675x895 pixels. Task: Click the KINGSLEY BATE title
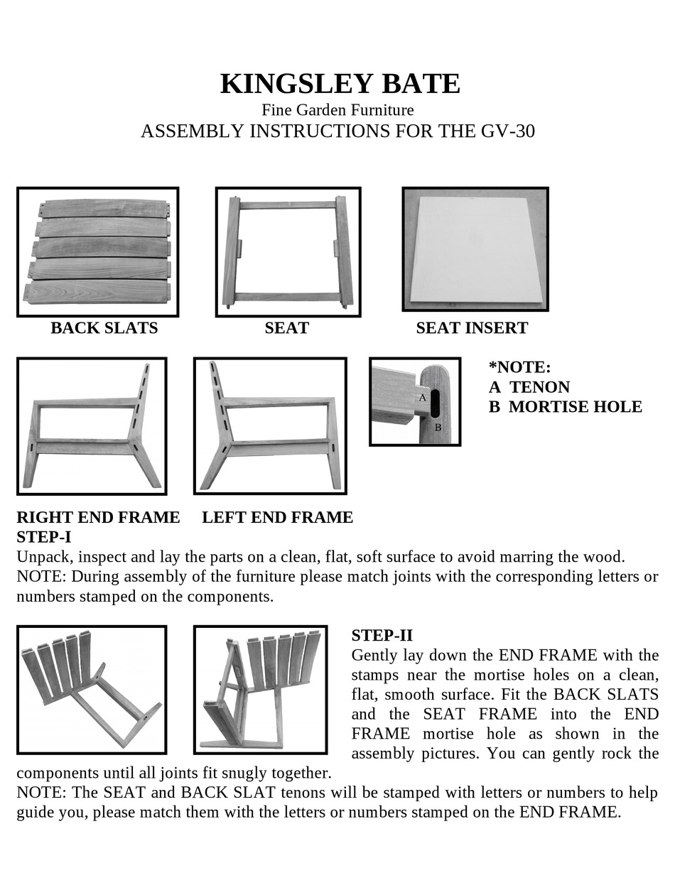[340, 84]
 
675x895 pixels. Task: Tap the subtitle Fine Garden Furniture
[337, 110]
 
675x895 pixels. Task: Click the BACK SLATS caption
[104, 328]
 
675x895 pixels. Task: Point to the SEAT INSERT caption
[471, 328]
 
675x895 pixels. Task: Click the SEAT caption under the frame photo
[286, 328]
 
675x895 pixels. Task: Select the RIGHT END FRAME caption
[98, 517]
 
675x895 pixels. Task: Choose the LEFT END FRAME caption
[277, 517]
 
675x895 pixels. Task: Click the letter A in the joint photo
[422, 398]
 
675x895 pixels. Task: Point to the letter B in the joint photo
[438, 428]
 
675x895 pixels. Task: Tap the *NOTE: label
[519, 367]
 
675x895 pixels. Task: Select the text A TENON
[529, 387]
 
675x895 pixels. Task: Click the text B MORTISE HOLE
[565, 407]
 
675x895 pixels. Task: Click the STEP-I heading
[43, 537]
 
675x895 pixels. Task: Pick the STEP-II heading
[382, 635]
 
